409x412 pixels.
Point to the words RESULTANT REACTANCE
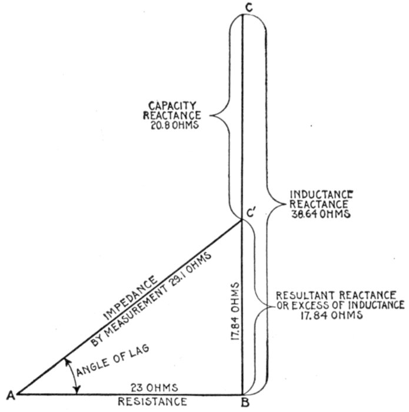(x=330, y=294)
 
